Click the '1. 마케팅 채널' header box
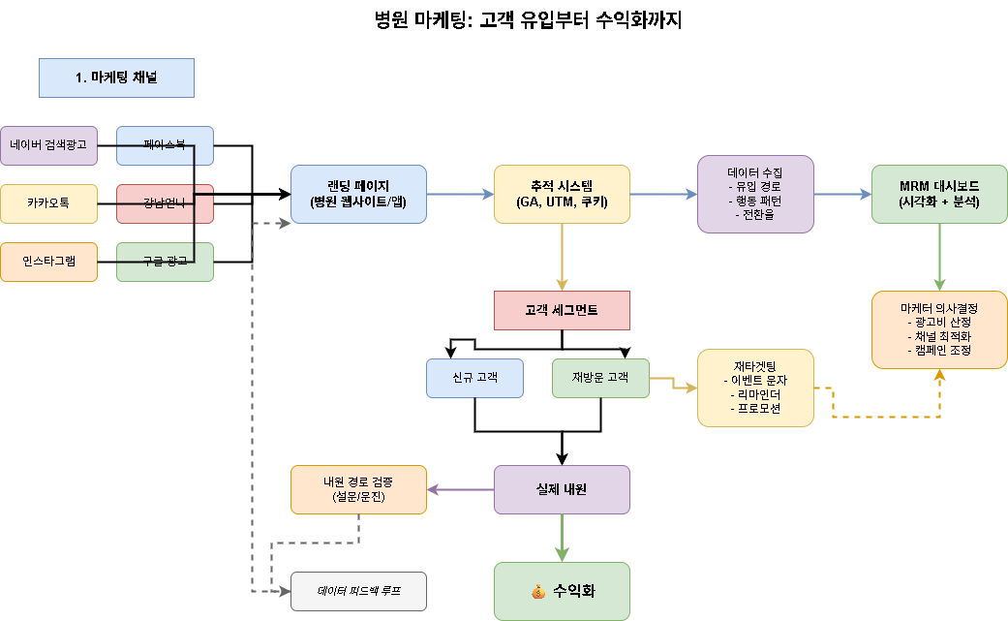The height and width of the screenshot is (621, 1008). pyautogui.click(x=116, y=78)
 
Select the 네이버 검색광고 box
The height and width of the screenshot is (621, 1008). pyautogui.click(x=48, y=145)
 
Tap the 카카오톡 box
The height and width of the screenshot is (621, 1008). pyautogui.click(x=48, y=203)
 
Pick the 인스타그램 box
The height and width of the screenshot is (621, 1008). pyautogui.click(x=48, y=262)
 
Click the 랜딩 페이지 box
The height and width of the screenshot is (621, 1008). pyautogui.click(x=358, y=194)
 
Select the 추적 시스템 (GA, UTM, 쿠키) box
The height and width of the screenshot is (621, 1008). pyautogui.click(x=562, y=194)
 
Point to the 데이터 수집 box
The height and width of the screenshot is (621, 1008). pyautogui.click(x=755, y=194)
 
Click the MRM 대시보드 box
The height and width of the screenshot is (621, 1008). pyautogui.click(x=939, y=194)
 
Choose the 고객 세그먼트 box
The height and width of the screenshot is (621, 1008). pyautogui.click(x=562, y=310)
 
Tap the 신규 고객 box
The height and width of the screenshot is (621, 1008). pyautogui.click(x=474, y=378)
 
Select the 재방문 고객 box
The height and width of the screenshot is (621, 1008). pyautogui.click(x=600, y=378)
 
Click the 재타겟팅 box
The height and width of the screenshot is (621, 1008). pyautogui.click(x=755, y=388)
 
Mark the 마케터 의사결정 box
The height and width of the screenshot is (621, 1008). pyautogui.click(x=939, y=329)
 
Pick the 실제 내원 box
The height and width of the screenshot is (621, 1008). pyautogui.click(x=562, y=489)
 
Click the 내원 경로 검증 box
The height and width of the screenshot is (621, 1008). pyautogui.click(x=358, y=489)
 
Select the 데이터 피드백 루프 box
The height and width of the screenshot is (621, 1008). pyautogui.click(x=358, y=591)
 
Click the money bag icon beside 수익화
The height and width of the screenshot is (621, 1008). pyautogui.click(x=539, y=591)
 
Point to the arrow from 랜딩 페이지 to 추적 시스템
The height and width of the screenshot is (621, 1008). pyautogui.click(x=460, y=194)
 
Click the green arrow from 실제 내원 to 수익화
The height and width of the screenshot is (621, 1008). pyautogui.click(x=562, y=538)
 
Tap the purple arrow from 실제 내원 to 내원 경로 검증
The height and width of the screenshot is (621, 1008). pyautogui.click(x=460, y=489)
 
